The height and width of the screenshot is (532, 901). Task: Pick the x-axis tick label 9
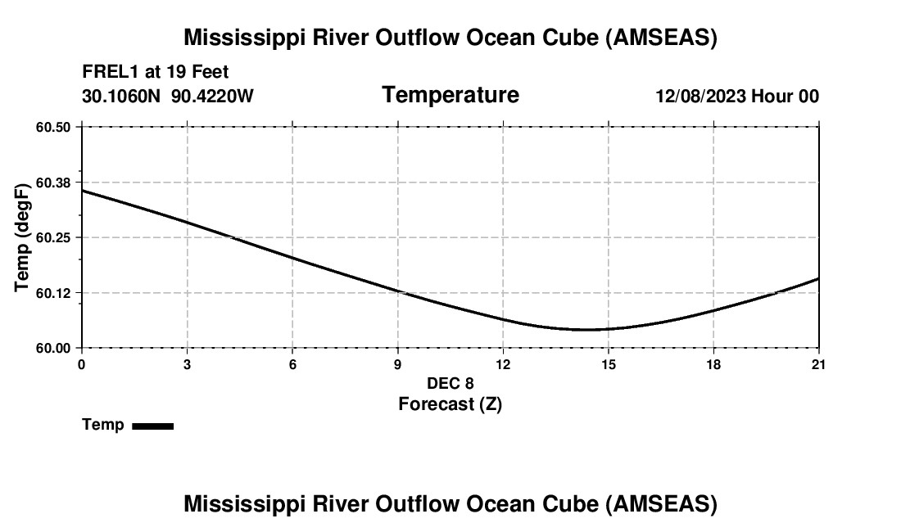coord(398,364)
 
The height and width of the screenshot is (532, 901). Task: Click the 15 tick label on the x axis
coord(608,364)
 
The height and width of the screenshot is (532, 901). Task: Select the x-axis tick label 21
coord(818,364)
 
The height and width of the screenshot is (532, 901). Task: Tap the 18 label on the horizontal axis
coord(713,364)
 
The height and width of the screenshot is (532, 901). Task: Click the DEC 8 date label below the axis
coord(450,383)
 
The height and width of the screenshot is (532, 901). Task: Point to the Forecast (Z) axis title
coord(450,404)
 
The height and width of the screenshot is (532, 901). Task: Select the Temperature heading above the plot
coord(450,95)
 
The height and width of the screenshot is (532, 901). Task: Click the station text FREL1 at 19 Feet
coord(156,72)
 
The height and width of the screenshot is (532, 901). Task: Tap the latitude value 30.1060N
coord(122,96)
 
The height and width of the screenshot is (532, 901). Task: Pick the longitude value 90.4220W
coord(212,96)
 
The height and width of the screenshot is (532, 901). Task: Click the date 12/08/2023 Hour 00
coord(737,96)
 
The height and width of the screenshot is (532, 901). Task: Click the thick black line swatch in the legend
coord(152,426)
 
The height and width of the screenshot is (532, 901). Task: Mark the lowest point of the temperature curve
coord(588,330)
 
